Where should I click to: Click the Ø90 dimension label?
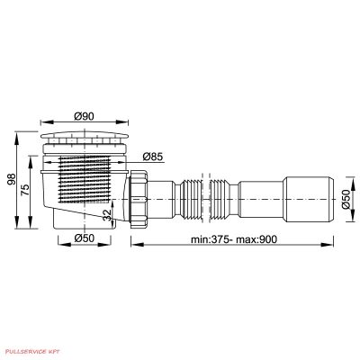tap(85, 116)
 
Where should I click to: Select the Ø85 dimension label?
tap(153, 157)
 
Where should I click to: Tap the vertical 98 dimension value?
tap(13, 179)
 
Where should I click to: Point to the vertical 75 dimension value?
tap(26, 190)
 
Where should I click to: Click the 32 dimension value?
tap(107, 215)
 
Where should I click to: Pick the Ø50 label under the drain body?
tap(85, 238)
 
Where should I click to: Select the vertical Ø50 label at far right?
tap(346, 199)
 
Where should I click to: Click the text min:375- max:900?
tap(234, 239)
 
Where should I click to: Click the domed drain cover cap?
tap(85, 135)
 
